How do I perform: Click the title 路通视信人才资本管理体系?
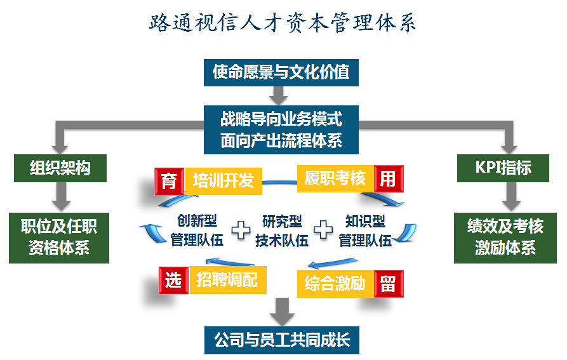pyautogui.click(x=283, y=23)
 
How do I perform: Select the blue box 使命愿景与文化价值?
pyautogui.click(x=281, y=72)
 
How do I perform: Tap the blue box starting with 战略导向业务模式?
pyautogui.click(x=281, y=130)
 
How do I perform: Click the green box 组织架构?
pyautogui.click(x=60, y=168)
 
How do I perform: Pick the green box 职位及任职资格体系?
pyautogui.click(x=59, y=237)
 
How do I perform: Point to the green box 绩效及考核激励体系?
pyautogui.click(x=505, y=237)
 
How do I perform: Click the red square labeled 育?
pyautogui.click(x=170, y=181)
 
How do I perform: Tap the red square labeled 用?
pyautogui.click(x=388, y=179)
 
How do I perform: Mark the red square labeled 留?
pyautogui.click(x=388, y=283)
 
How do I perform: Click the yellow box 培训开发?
pyautogui.click(x=223, y=181)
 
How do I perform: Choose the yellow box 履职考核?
pyautogui.click(x=335, y=179)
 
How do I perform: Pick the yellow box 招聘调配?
pyautogui.click(x=227, y=280)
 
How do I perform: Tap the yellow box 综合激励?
pyautogui.click(x=335, y=283)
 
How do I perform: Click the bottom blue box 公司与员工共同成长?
pyautogui.click(x=281, y=340)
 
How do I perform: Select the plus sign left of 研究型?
pyautogui.click(x=241, y=230)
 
